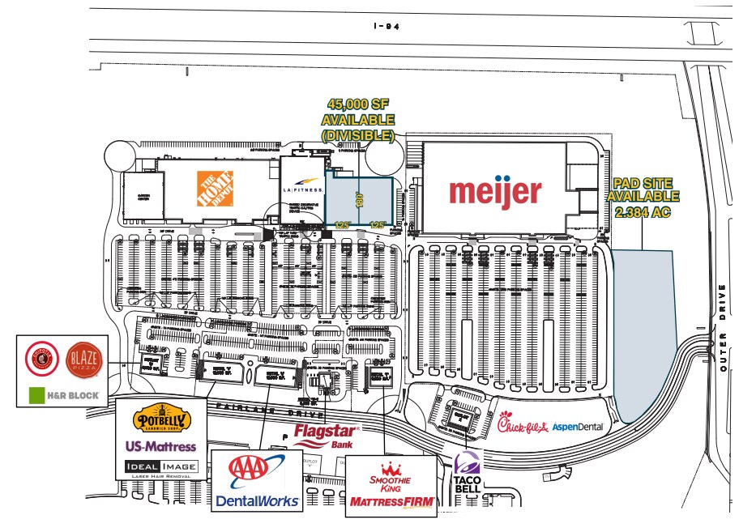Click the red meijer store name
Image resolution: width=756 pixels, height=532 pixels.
click(x=495, y=191)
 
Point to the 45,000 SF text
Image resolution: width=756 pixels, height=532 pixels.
click(x=358, y=104)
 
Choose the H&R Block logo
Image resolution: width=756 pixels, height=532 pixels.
click(x=64, y=396)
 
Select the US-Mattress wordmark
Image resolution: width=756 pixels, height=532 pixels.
click(x=160, y=446)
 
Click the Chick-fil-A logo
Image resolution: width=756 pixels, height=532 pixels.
click(x=523, y=424)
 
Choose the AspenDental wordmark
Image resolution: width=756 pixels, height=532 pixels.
click(x=578, y=427)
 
